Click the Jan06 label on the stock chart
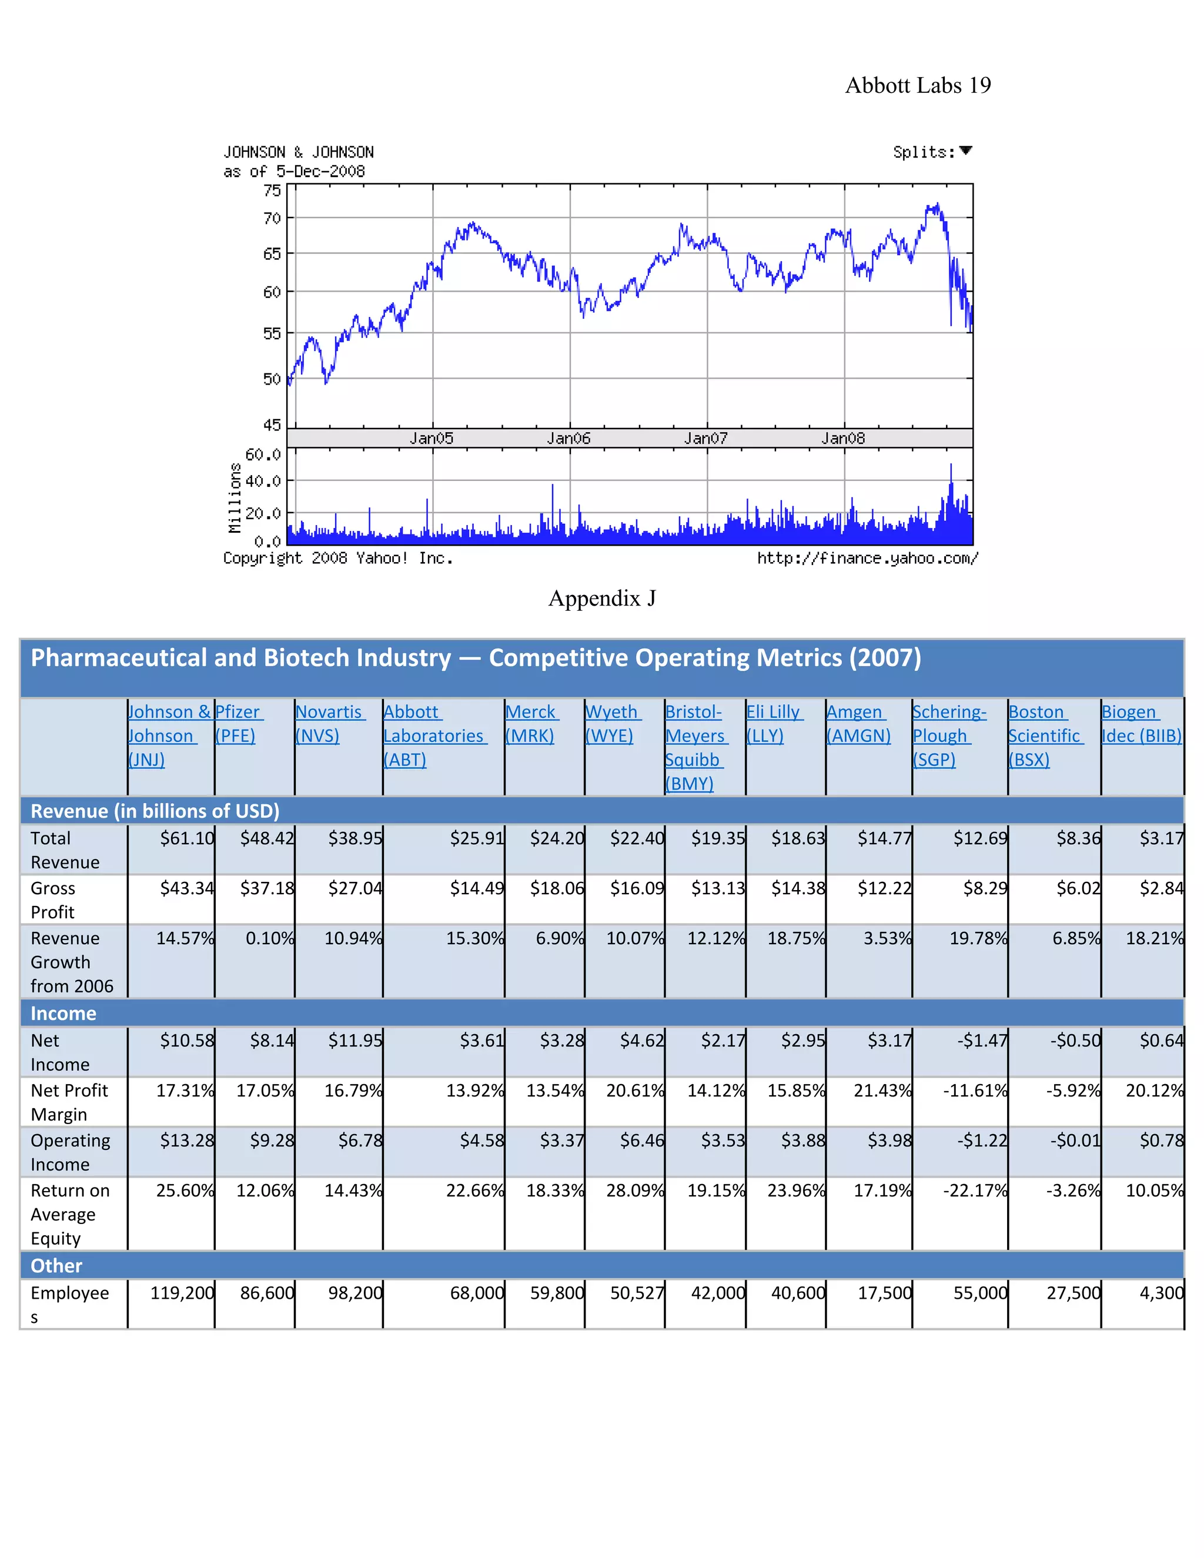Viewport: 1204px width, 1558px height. [568, 438]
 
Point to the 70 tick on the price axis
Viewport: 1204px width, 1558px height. [272, 218]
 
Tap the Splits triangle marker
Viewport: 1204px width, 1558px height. [966, 151]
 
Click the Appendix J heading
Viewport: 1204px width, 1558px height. [601, 598]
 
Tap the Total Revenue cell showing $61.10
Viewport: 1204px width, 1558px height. [187, 838]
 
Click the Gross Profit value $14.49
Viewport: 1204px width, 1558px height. [476, 888]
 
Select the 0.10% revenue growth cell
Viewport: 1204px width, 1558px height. [270, 938]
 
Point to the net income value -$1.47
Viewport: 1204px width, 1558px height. [982, 1041]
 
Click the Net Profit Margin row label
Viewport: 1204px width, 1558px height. [69, 1102]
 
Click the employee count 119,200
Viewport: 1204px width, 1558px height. [182, 1293]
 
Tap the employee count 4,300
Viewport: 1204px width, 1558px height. [1161, 1293]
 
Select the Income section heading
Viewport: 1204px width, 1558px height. [63, 1013]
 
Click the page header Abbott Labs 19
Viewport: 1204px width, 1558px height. [917, 86]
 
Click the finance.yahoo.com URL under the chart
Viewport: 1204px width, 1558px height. [867, 559]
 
